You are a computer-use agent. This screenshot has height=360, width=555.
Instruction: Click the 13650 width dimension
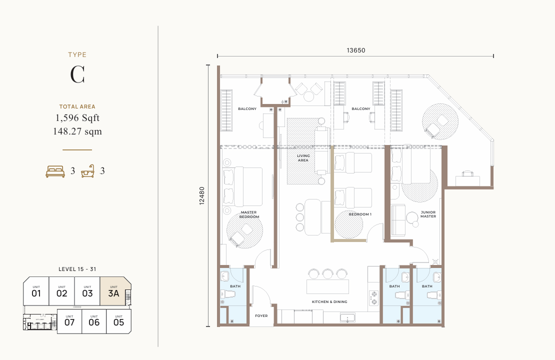coord(355,50)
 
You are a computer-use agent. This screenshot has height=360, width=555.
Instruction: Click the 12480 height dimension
coord(202,195)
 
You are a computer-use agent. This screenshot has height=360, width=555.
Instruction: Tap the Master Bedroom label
coord(248,214)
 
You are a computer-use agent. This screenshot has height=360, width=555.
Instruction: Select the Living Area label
coord(303,158)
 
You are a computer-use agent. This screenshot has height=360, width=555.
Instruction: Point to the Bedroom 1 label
coord(360,214)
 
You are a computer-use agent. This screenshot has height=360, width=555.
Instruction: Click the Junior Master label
coord(428,214)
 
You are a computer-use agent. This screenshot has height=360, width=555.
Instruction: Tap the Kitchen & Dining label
coord(329,302)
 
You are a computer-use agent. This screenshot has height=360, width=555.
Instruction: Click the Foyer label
coord(261,316)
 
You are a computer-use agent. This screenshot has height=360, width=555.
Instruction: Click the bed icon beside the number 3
coord(55,171)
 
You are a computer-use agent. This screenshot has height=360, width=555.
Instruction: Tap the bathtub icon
coord(88,171)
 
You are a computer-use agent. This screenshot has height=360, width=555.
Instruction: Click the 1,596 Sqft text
coord(77,118)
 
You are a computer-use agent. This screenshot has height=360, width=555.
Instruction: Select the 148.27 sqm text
coord(77,131)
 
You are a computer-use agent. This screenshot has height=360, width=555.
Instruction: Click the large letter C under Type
coord(77,74)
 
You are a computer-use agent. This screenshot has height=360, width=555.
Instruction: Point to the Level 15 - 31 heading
coord(77,269)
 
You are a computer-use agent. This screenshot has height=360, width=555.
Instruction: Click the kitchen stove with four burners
coord(373,297)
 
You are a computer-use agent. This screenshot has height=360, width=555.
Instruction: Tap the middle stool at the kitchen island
coord(327,273)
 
